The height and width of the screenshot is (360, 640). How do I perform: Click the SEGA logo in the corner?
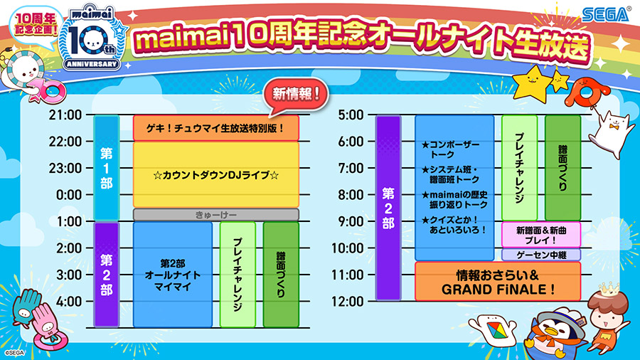click(x=606, y=15)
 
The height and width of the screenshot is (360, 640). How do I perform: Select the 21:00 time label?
click(x=65, y=115)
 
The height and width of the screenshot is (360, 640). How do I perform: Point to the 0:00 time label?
click(x=69, y=195)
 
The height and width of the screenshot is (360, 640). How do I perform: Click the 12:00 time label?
click(x=347, y=302)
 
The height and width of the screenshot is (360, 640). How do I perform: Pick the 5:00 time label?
click(x=351, y=115)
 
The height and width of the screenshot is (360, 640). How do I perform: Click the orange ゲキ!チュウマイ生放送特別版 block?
click(x=216, y=128)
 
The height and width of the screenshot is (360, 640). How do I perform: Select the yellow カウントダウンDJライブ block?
click(x=216, y=175)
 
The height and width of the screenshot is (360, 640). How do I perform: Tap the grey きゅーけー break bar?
click(x=216, y=215)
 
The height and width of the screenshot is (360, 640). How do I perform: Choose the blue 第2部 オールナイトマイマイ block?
click(x=173, y=275)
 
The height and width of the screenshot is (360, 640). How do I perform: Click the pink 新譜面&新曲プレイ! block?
click(x=541, y=235)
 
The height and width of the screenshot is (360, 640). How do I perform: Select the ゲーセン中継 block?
click(x=541, y=255)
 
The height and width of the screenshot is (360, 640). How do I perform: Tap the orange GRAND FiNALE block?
click(x=498, y=282)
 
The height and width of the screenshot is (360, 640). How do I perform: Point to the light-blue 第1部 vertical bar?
click(x=107, y=168)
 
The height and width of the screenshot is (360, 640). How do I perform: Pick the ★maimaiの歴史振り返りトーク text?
click(x=454, y=200)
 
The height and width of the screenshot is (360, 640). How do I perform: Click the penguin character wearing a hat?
click(x=555, y=331)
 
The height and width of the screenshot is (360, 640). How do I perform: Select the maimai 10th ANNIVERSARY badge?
click(x=92, y=38)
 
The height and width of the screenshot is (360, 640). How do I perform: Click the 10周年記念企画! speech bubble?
click(x=36, y=26)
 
